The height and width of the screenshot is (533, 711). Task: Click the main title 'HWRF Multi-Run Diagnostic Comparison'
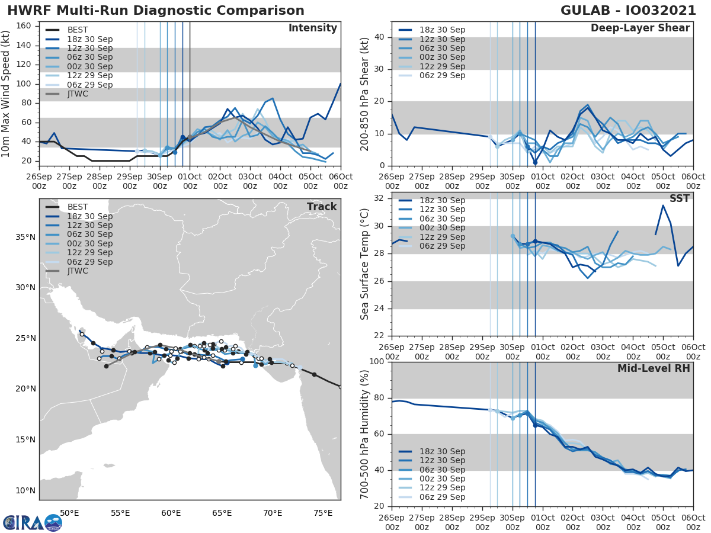tap(156, 11)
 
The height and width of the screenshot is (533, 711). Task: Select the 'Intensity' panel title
tap(312, 28)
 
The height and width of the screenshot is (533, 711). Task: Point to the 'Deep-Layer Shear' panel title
tap(640, 28)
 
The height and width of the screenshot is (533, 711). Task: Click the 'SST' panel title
tap(679, 198)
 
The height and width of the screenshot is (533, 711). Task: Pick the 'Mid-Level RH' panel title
tap(654, 368)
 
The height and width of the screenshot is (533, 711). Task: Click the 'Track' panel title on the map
tap(322, 207)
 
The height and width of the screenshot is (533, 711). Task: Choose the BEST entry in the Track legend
tap(77, 207)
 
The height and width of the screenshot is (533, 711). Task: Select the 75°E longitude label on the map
tap(323, 512)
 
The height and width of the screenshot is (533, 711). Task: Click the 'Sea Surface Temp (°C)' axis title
tap(365, 264)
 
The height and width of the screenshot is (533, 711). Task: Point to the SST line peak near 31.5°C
tap(662, 206)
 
